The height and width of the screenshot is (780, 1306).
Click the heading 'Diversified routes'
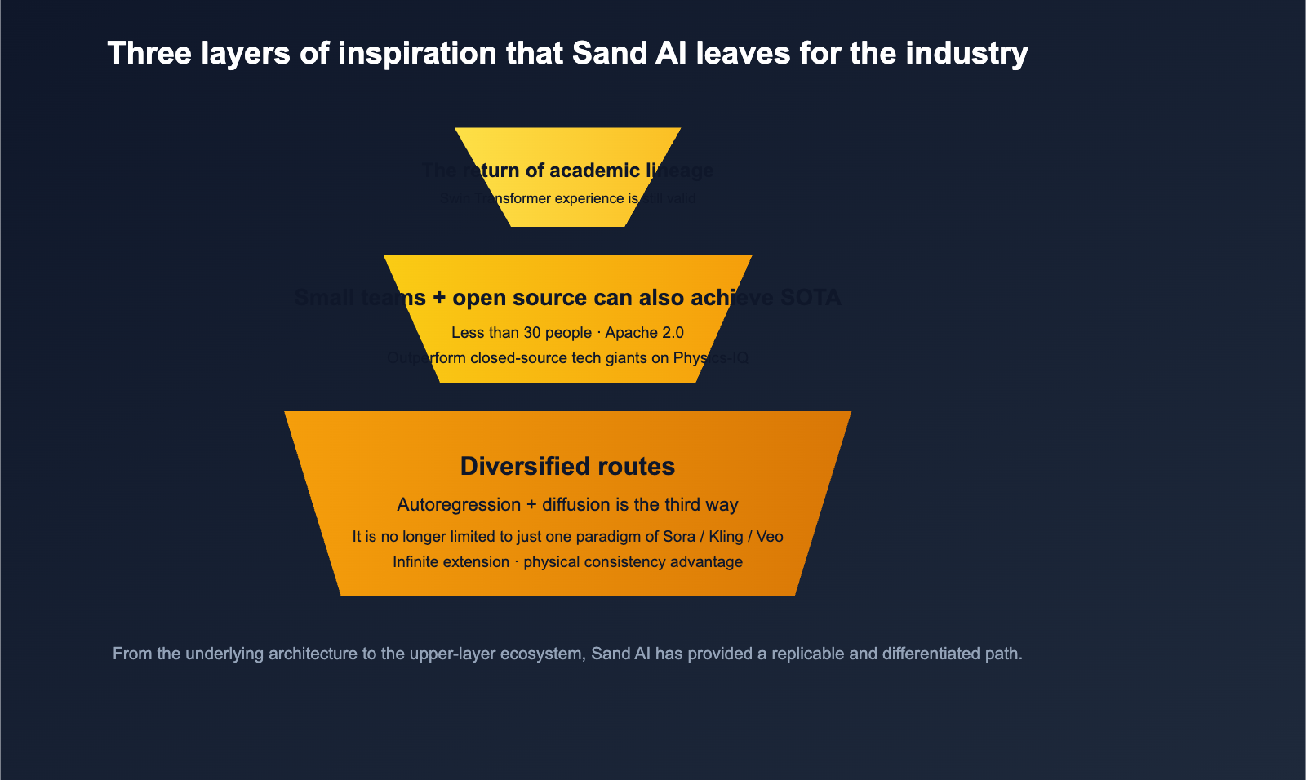pyautogui.click(x=567, y=466)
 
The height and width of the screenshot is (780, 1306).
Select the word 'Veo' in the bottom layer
pyautogui.click(x=770, y=536)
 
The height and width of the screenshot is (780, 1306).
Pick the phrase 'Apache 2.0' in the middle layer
pyautogui.click(x=644, y=332)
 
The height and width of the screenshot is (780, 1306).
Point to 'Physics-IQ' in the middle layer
pyautogui.click(x=710, y=357)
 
